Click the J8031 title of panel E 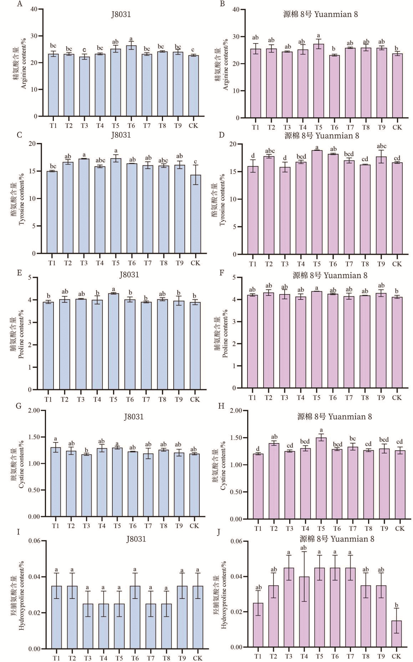click(129, 275)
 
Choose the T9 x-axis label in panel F click(381, 397)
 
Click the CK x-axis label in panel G click(194, 526)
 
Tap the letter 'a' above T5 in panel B click(318, 36)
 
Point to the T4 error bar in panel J click(304, 576)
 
